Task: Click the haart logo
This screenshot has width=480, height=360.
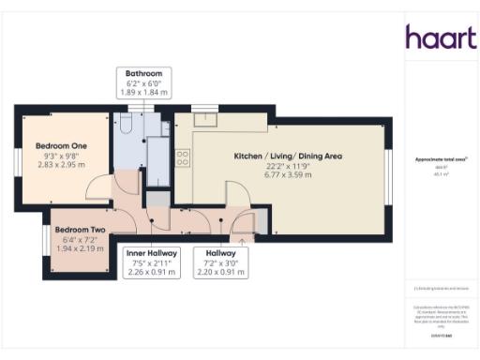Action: pos(436,37)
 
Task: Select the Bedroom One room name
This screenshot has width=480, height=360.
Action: pos(62,146)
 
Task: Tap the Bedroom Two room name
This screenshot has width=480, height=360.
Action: pos(78,229)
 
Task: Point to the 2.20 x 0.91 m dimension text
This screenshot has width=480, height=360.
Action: pos(219,272)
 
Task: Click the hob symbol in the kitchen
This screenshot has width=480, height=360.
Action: pos(183,158)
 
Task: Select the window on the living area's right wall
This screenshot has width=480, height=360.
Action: pos(388,173)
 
